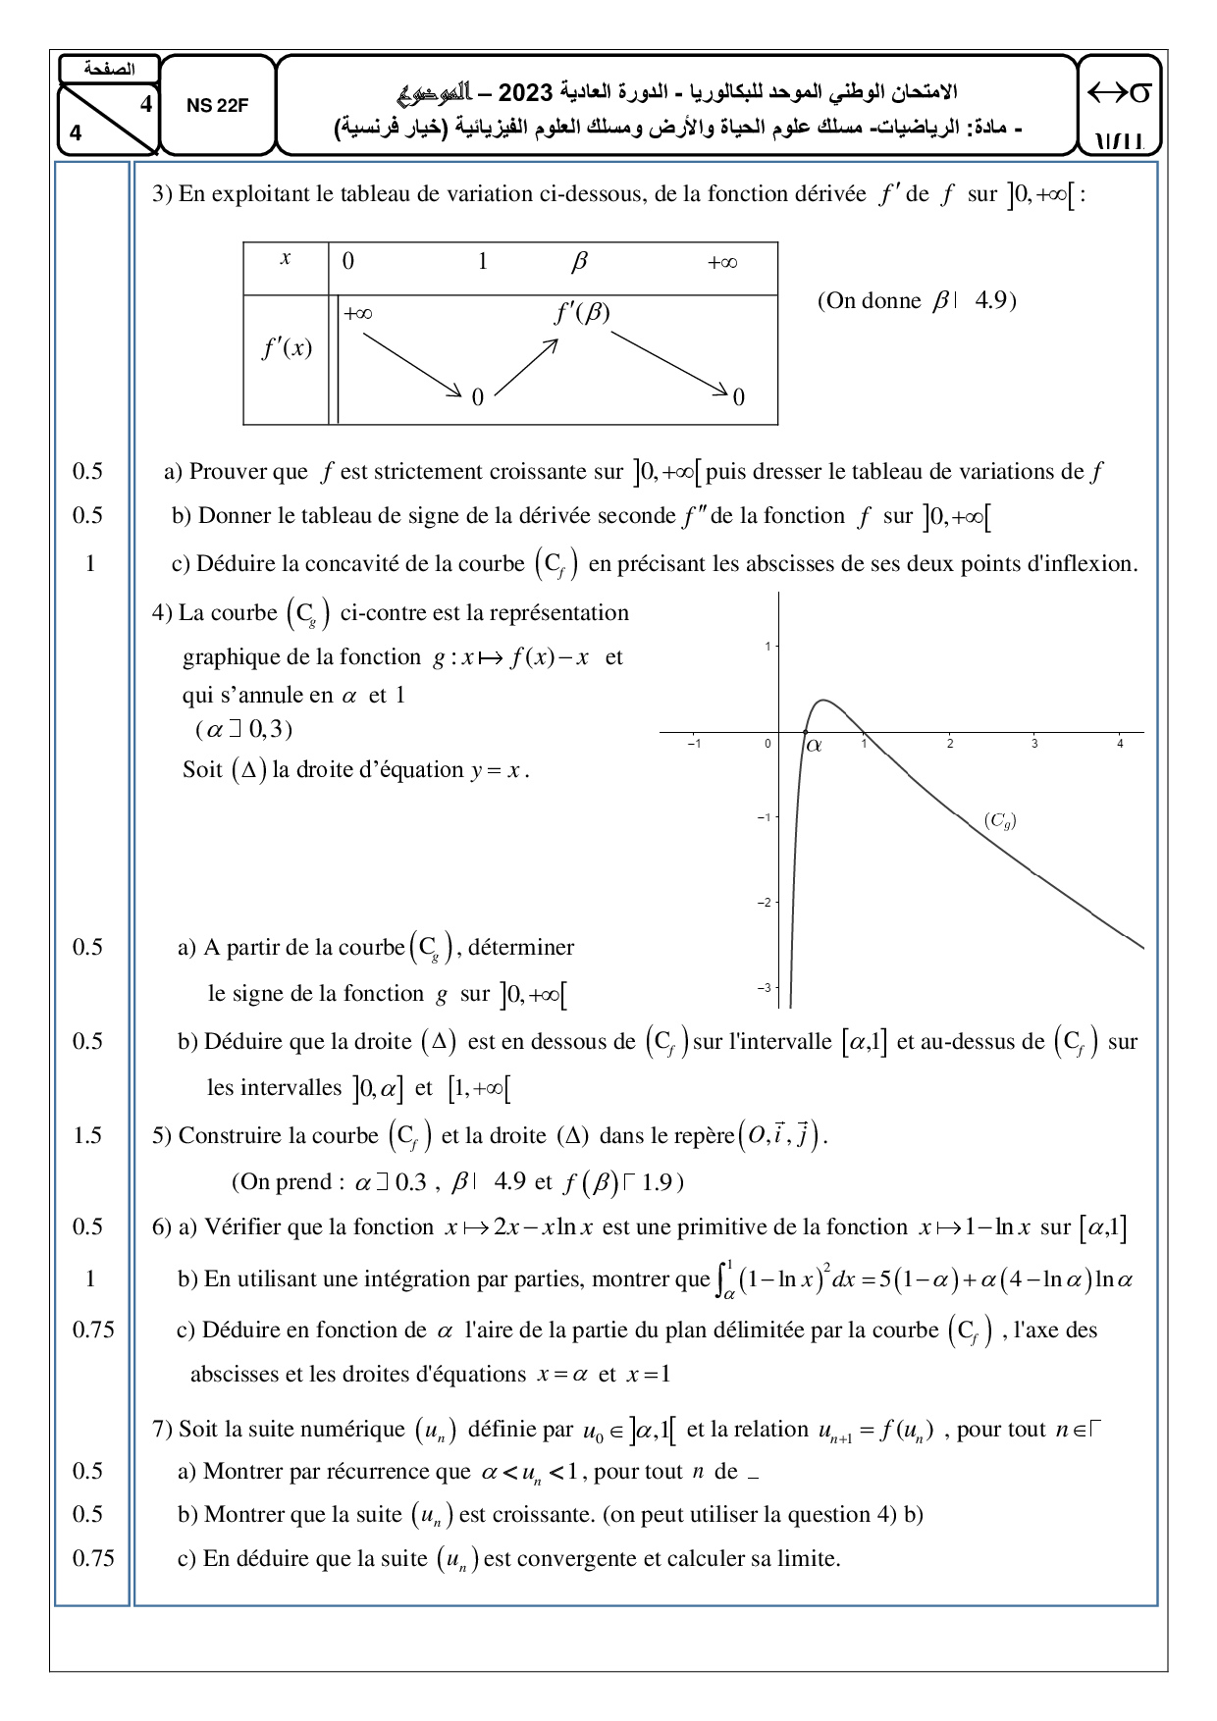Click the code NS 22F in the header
[217, 107]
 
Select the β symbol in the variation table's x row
[578, 262]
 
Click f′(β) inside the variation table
[582, 313]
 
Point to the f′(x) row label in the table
[286, 348]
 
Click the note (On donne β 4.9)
[916, 300]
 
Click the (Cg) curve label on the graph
[999, 821]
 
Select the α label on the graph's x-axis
[814, 746]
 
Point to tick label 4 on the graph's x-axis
[1120, 745]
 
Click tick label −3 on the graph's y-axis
[764, 988]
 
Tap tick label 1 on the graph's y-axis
[767, 646]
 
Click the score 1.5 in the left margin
[87, 1135]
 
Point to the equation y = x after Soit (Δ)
[499, 770]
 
